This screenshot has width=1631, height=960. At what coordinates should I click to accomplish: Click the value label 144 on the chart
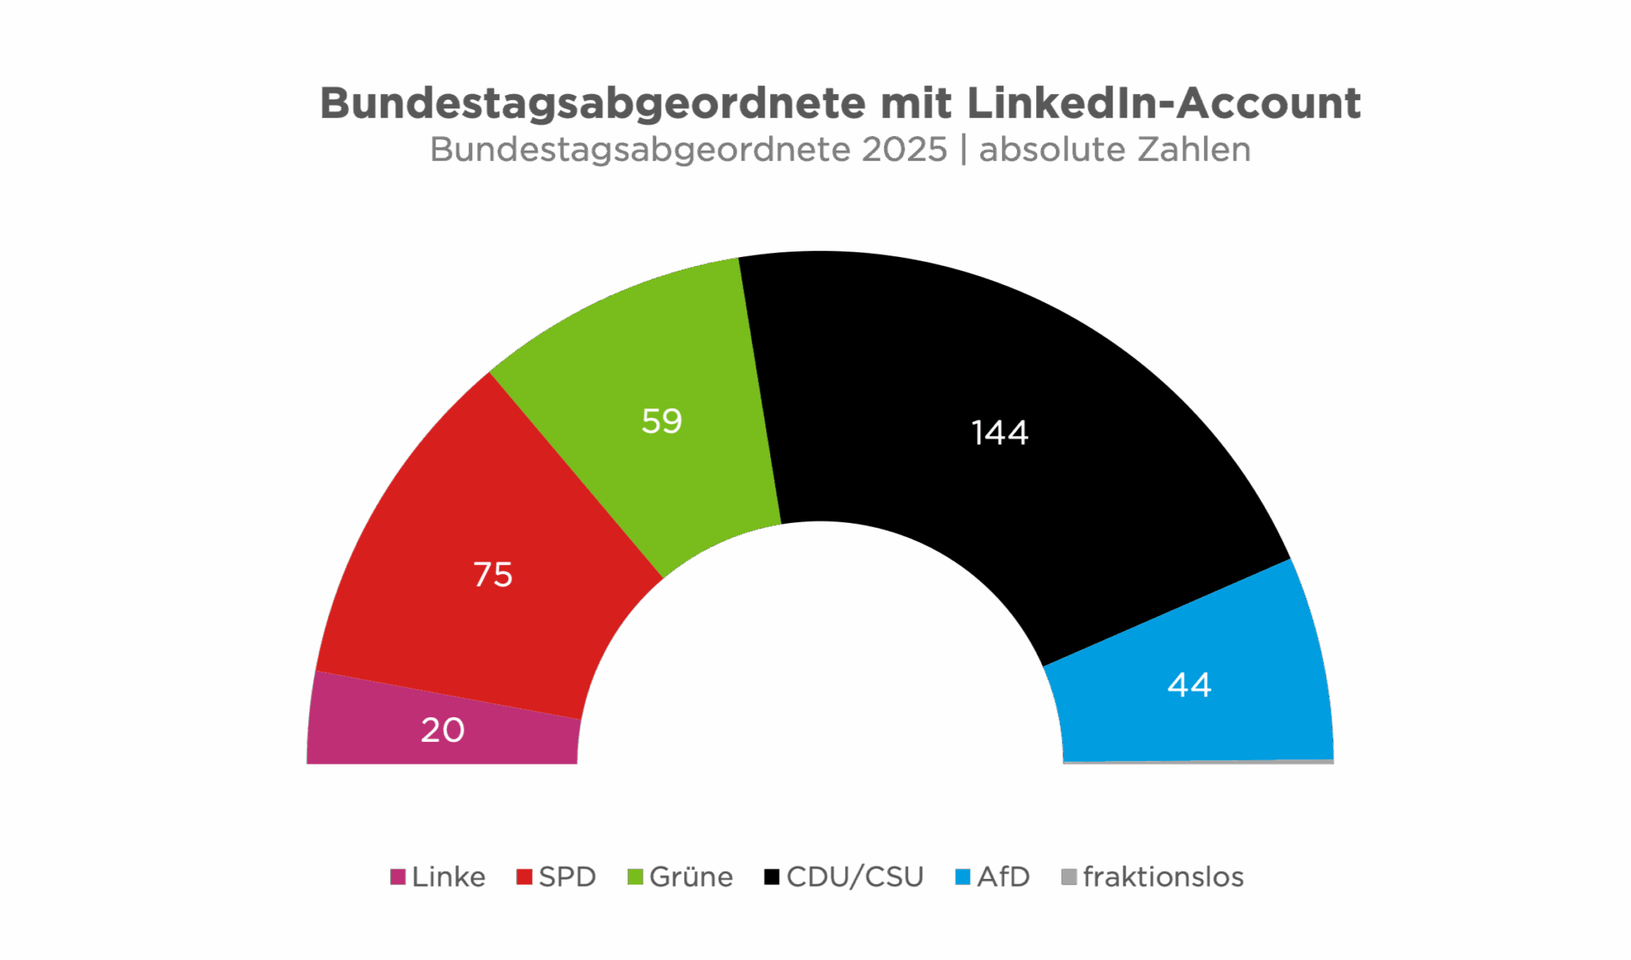pyautogui.click(x=999, y=433)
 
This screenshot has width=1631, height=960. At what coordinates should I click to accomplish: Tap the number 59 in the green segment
pyautogui.click(x=662, y=421)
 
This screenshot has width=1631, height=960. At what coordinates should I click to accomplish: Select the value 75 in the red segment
pyautogui.click(x=493, y=575)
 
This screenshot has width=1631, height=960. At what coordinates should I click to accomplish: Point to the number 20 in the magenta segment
pyautogui.click(x=443, y=730)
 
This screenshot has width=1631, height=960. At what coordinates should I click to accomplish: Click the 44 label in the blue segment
pyautogui.click(x=1189, y=685)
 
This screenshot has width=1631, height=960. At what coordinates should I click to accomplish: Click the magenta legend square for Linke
pyautogui.click(x=397, y=876)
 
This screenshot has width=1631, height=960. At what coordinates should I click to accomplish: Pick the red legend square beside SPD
pyautogui.click(x=524, y=876)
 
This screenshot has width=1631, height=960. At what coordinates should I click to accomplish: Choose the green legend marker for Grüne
pyautogui.click(x=635, y=876)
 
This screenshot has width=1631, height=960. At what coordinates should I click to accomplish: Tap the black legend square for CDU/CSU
pyautogui.click(x=771, y=876)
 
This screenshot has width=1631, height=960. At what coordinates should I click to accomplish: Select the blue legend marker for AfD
pyautogui.click(x=963, y=876)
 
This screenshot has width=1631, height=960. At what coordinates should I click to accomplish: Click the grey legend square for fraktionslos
pyautogui.click(x=1069, y=876)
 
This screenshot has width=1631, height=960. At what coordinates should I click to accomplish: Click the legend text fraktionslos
pyautogui.click(x=1164, y=876)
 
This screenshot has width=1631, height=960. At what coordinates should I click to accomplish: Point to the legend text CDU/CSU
pyautogui.click(x=855, y=876)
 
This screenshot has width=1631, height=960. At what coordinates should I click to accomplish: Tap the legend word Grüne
pyautogui.click(x=691, y=876)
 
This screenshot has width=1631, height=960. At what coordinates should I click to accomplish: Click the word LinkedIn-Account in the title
pyautogui.click(x=1164, y=103)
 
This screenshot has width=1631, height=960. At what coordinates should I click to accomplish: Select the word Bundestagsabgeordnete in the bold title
pyautogui.click(x=593, y=103)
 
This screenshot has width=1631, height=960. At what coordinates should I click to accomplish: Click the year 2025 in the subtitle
pyautogui.click(x=904, y=150)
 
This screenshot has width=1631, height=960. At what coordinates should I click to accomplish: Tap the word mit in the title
pyautogui.click(x=916, y=103)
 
